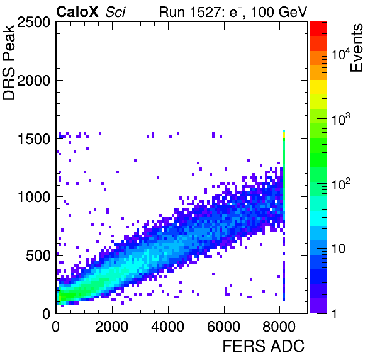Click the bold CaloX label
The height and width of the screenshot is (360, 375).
[x=77, y=12]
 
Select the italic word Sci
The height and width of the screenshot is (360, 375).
[x=115, y=12]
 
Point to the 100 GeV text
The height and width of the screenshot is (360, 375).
[x=279, y=12]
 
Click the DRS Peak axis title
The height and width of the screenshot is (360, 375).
[x=9, y=62]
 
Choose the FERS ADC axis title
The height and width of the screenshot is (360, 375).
[x=263, y=346]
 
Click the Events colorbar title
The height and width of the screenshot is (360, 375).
[x=356, y=48]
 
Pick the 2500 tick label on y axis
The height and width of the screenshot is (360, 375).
[x=33, y=23]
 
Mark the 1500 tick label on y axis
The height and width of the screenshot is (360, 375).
[x=33, y=138]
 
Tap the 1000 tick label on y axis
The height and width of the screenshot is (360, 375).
[x=33, y=197]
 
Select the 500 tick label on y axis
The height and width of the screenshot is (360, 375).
[x=38, y=256]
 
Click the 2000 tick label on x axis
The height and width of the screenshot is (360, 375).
[x=112, y=326]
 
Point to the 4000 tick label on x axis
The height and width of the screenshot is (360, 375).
[x=168, y=326]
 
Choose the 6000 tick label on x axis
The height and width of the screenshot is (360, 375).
[x=223, y=326]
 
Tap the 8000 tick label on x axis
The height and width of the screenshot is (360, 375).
[x=279, y=326]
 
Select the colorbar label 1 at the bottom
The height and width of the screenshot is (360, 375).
[x=334, y=313]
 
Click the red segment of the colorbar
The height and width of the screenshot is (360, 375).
[x=318, y=29]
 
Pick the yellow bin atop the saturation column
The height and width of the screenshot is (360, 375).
[x=284, y=135]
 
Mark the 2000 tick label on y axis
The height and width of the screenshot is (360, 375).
[x=33, y=81]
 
